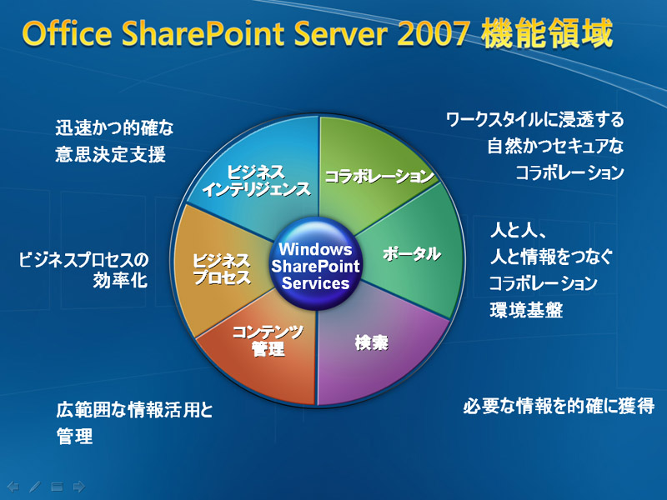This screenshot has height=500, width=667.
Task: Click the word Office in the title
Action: pyautogui.click(x=68, y=33)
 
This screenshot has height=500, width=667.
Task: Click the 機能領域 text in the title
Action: pyautogui.click(x=547, y=33)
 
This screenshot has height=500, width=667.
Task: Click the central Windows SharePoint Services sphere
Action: pyautogui.click(x=315, y=264)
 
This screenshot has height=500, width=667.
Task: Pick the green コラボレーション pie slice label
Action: pyautogui.click(x=379, y=176)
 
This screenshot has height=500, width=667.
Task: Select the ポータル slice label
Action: pyautogui.click(x=411, y=254)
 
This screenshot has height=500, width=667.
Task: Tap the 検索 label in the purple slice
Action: pyautogui.click(x=371, y=342)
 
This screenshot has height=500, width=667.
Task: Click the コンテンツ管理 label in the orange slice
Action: pyautogui.click(x=268, y=340)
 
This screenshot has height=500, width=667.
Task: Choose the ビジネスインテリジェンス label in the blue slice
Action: pyautogui.click(x=256, y=181)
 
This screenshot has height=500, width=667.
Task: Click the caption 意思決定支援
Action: pyautogui.click(x=110, y=154)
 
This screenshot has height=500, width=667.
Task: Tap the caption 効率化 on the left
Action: pyautogui.click(x=120, y=280)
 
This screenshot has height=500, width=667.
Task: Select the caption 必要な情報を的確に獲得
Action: pyautogui.click(x=559, y=406)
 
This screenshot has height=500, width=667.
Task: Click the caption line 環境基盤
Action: pyautogui.click(x=526, y=310)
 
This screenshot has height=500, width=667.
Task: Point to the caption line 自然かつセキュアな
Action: pyautogui.click(x=555, y=147)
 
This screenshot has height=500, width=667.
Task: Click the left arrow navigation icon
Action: pyautogui.click(x=13, y=486)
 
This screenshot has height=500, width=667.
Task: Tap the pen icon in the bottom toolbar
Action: pyautogui.click(x=35, y=486)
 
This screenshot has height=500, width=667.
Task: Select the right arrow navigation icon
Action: pyautogui.click(x=79, y=486)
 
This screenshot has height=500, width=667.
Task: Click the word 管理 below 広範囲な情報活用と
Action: pyautogui.click(x=74, y=437)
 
